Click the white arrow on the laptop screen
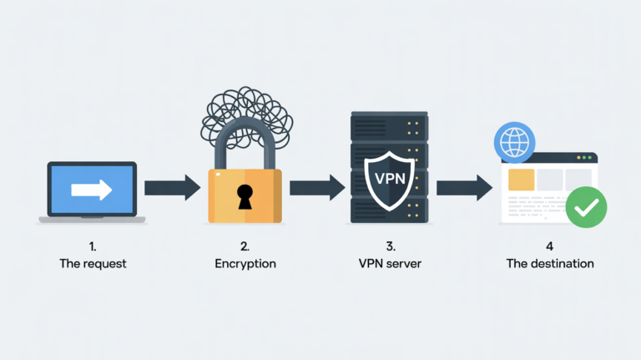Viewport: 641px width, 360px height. click(x=92, y=190)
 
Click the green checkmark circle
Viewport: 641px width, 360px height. click(x=586, y=207)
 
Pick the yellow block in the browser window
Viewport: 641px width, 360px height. click(x=521, y=179)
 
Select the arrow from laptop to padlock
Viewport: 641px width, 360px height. click(x=171, y=188)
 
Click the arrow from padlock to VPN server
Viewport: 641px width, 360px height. click(x=316, y=188)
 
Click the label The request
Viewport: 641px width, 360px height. click(x=92, y=264)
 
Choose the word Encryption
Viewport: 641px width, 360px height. click(x=245, y=264)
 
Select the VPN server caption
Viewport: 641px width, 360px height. click(x=389, y=264)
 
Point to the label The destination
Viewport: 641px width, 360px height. click(x=550, y=264)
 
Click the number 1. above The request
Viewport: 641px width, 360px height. click(x=92, y=246)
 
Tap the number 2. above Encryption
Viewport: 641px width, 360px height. click(x=245, y=246)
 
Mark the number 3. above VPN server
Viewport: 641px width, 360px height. click(x=389, y=246)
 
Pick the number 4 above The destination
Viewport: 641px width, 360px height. click(x=550, y=246)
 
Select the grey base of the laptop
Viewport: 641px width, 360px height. click(x=92, y=221)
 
